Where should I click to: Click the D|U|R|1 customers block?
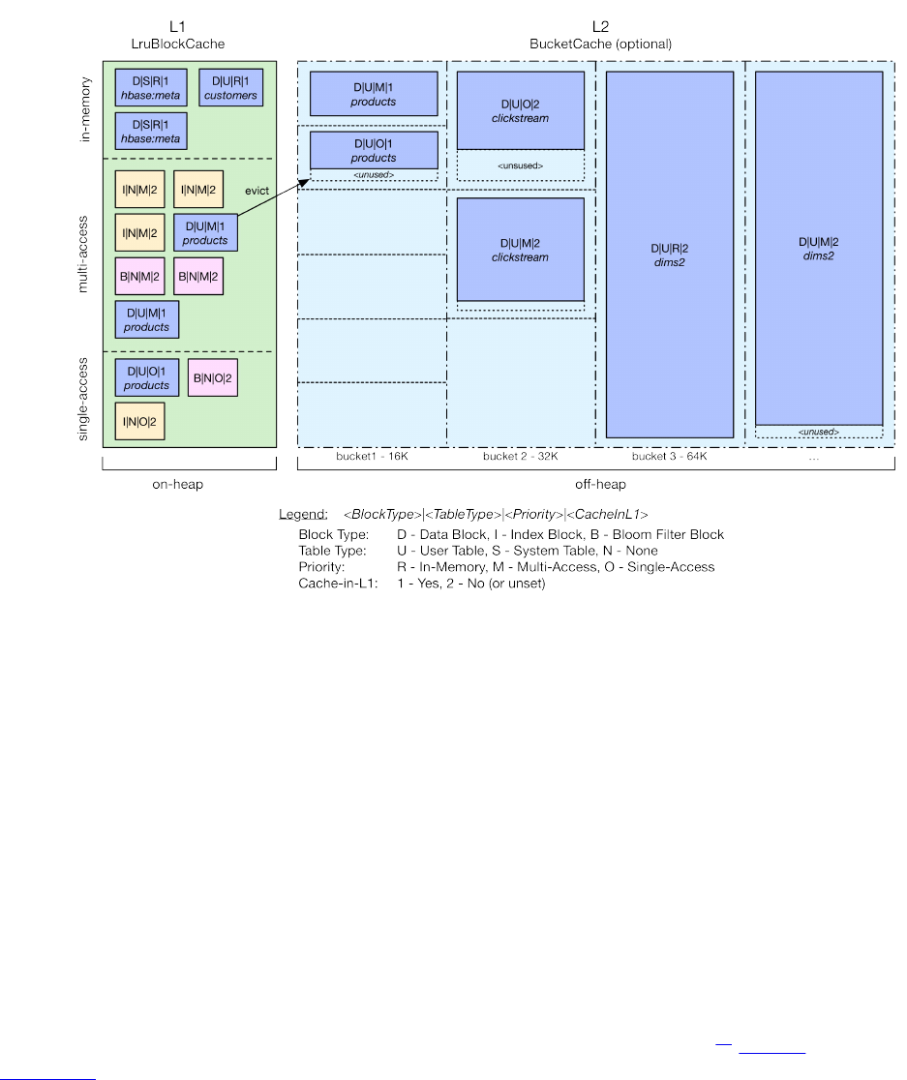coord(231,88)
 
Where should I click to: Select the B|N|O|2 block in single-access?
coord(211,377)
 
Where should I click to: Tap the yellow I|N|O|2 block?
coord(139,421)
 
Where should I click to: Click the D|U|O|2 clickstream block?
coord(520,110)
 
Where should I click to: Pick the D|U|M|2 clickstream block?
coord(520,250)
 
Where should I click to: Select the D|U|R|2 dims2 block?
coord(669,255)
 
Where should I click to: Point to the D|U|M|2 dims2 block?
coord(818,248)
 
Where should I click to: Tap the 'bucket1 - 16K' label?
coord(372,456)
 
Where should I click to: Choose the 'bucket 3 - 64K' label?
coord(669,456)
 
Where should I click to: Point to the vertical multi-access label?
coord(85,255)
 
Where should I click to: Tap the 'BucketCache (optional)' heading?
coord(600,44)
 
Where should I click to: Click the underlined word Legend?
coord(302,513)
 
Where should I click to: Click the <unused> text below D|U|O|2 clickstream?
coord(520,165)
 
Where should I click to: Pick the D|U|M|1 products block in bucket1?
coord(374,94)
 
